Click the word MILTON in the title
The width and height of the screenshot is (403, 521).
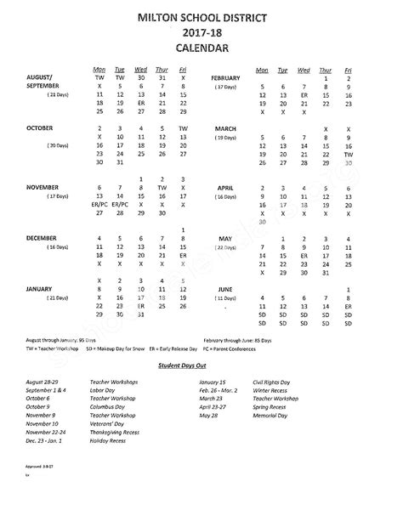(x=147, y=17)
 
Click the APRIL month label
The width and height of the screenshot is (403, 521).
(x=225, y=186)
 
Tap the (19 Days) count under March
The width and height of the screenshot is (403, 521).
(x=226, y=137)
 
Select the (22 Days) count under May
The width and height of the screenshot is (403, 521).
(x=225, y=247)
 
